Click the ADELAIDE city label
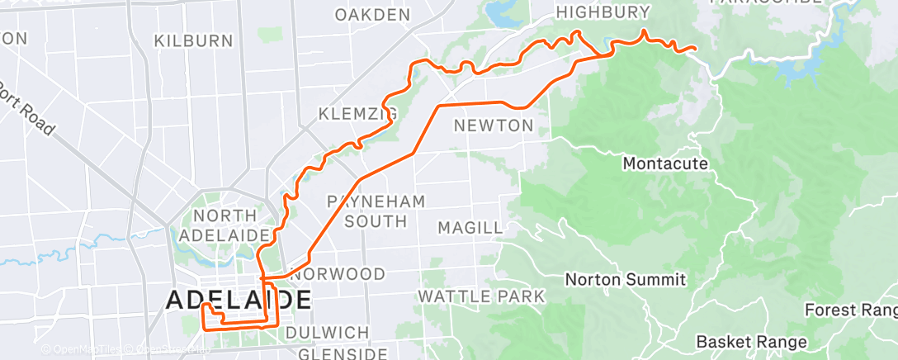239,300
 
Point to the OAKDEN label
372,14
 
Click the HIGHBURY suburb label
603,12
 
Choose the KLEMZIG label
357,113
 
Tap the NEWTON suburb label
494,126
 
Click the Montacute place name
665,163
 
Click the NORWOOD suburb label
338,273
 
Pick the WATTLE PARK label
481,296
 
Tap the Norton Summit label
625,280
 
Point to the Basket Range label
751,341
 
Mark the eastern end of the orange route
696,49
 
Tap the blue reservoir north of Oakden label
500,13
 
